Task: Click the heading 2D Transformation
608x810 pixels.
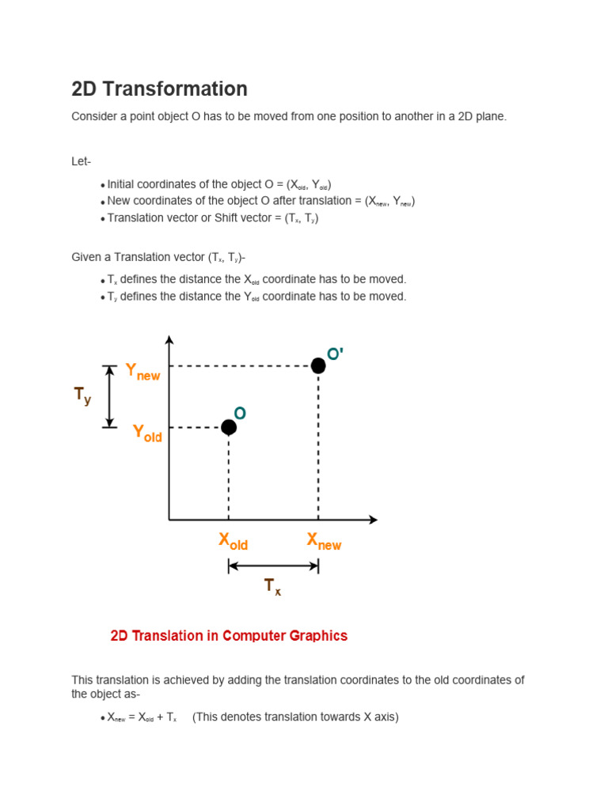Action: tap(159, 89)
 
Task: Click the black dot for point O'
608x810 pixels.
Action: tap(318, 365)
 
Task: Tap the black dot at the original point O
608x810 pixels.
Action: tap(229, 427)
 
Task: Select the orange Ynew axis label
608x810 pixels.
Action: tap(142, 372)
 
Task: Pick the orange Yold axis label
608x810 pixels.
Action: tap(147, 433)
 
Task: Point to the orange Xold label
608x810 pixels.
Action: tap(233, 542)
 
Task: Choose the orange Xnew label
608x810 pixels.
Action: tap(324, 542)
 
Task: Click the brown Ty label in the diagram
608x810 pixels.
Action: tap(82, 396)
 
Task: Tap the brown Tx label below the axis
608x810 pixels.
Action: tap(272, 587)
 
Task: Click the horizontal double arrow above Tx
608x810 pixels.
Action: tap(273, 566)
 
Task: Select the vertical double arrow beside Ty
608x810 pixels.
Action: tap(110, 396)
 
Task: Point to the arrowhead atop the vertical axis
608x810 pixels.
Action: tap(169, 340)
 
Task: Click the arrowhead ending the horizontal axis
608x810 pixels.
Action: tap(373, 520)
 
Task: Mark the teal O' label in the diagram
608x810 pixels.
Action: tap(335, 354)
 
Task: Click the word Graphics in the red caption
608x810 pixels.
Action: tap(320, 636)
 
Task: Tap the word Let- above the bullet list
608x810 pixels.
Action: tap(82, 162)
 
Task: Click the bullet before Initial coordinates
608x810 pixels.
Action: tap(103, 185)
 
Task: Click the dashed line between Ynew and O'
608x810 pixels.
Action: tap(245, 366)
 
